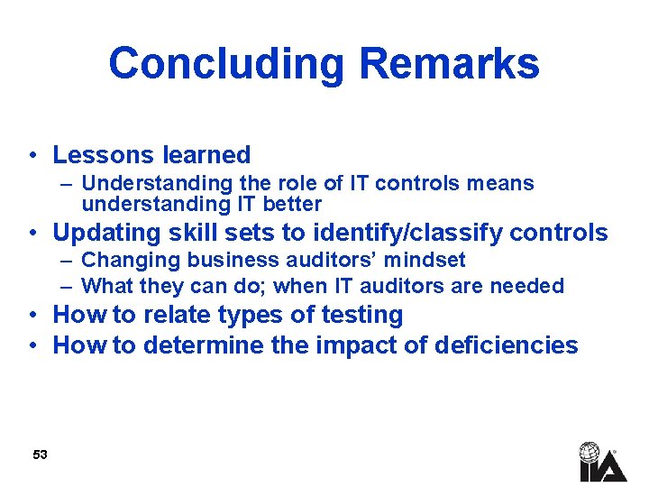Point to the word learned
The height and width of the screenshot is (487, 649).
[209, 155]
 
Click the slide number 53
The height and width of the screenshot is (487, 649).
[40, 455]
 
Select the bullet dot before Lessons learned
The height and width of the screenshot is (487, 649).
[32, 156]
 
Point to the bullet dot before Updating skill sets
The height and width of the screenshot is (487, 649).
[32, 234]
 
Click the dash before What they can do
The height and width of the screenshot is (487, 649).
[69, 286]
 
